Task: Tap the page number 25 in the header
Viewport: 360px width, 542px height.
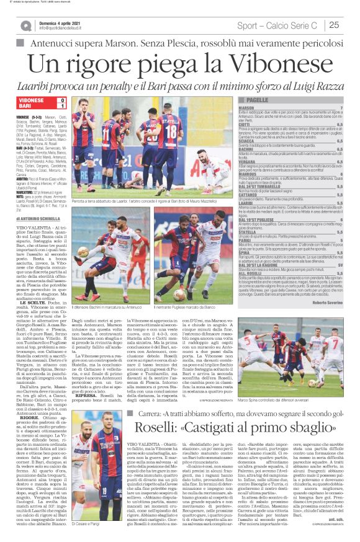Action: [x=334, y=25]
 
